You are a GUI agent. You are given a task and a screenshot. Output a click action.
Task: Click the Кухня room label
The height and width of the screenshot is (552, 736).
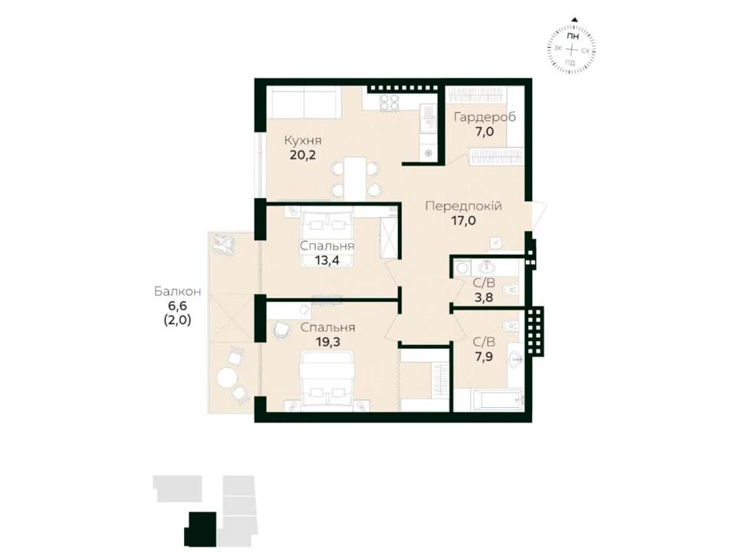click(x=304, y=140)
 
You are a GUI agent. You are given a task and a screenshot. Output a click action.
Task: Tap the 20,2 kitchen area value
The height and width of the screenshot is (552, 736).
click(x=303, y=155)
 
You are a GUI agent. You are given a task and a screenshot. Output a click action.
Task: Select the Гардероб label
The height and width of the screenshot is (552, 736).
click(x=485, y=117)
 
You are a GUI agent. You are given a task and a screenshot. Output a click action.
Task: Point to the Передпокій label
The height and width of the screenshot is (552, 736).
click(x=463, y=205)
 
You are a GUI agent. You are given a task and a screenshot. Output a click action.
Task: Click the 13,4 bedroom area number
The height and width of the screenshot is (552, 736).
click(x=327, y=260)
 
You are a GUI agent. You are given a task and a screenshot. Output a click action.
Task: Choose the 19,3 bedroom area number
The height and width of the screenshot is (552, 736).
click(x=327, y=342)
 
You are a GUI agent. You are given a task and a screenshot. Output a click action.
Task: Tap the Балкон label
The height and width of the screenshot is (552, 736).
click(x=178, y=291)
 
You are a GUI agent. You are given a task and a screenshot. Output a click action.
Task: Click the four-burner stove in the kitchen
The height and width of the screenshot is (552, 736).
click(x=389, y=103)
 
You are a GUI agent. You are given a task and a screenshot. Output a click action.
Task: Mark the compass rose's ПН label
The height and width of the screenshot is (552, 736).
click(x=572, y=37)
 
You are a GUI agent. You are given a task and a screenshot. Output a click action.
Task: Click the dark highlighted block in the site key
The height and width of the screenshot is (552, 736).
click(x=201, y=529)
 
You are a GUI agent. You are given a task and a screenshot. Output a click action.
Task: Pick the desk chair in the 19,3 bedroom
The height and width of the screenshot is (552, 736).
click(x=281, y=329)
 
